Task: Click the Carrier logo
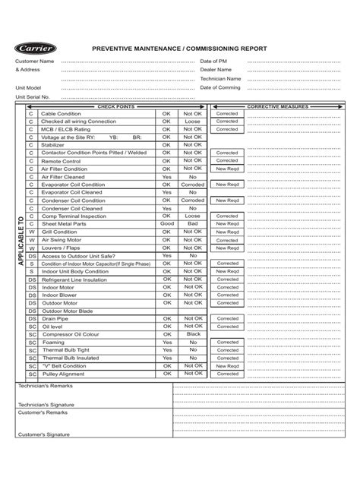click(36, 49)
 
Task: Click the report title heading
click(179, 49)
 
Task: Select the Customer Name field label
click(35, 61)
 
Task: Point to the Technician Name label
click(221, 78)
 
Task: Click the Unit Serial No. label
click(33, 96)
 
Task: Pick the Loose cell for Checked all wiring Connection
click(192, 121)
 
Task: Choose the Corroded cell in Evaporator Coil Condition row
click(192, 185)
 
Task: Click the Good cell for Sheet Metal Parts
click(167, 224)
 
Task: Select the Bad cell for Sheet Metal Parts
click(192, 224)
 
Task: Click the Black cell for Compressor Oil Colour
click(192, 333)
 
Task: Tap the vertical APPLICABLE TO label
click(21, 243)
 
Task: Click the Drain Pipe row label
click(55, 318)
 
